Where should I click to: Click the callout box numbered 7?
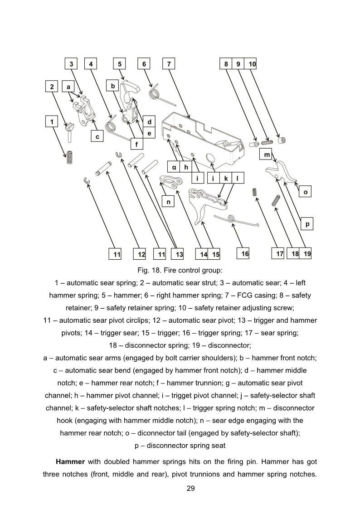coord(169,64)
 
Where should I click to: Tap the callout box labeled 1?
coord(52,121)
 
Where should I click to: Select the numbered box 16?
coord(245,254)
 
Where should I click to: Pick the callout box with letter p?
coord(307,224)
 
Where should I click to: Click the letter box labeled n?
coord(168,202)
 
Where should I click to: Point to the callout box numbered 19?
coord(307,254)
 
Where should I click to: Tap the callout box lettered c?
coord(97,136)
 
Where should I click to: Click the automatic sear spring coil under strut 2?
coord(69,157)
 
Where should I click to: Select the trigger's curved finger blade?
coord(200,215)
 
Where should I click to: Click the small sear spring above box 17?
coord(255,193)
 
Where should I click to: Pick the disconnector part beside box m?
coord(282,172)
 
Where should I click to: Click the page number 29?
coord(180,488)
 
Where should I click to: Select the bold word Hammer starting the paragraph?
coord(70,462)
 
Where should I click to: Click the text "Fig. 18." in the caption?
coord(150,271)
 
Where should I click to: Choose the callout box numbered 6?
coord(144,64)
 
